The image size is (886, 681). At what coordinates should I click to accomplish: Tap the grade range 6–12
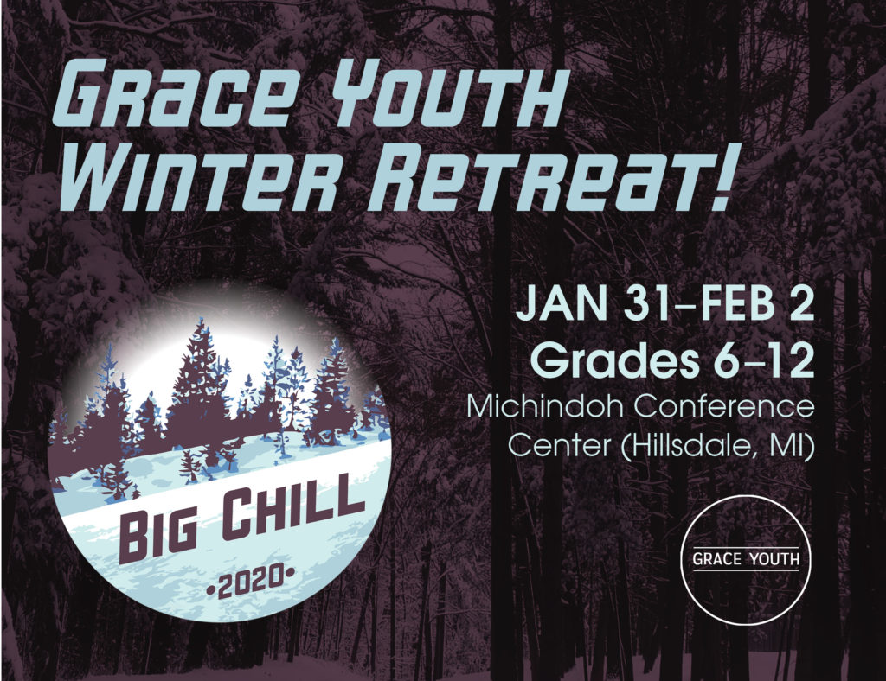[x=764, y=360]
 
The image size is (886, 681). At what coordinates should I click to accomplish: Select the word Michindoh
[x=543, y=405]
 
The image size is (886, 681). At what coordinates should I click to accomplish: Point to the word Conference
[x=722, y=405]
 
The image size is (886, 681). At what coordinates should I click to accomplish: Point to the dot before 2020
[x=211, y=590]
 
